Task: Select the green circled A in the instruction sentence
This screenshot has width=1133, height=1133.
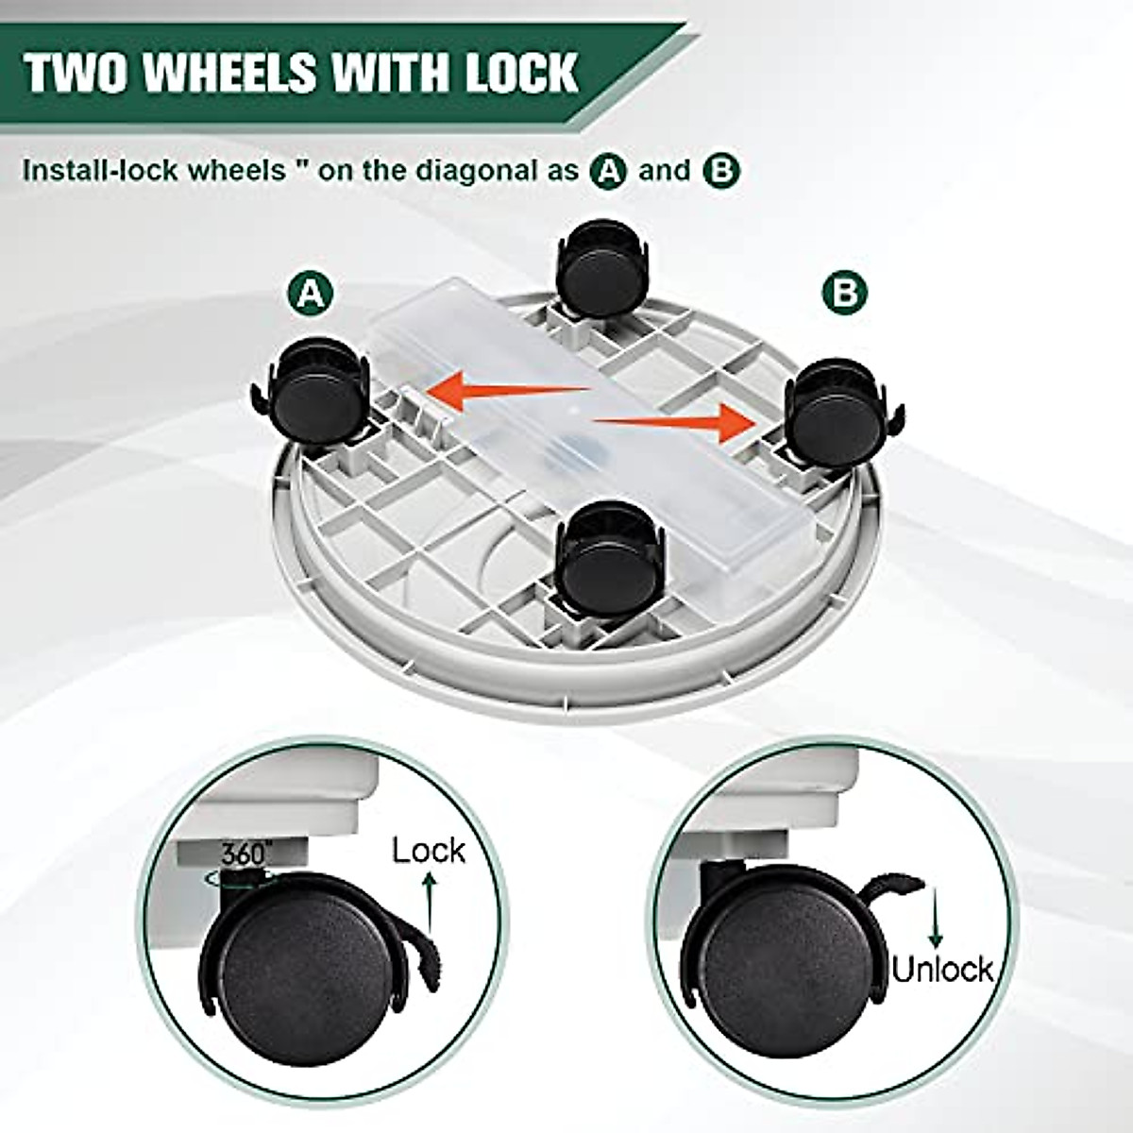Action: tap(608, 171)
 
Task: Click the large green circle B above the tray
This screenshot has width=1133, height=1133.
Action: tap(844, 293)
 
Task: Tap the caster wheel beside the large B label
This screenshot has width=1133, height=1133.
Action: tap(831, 415)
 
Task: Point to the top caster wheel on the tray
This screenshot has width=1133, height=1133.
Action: tap(601, 269)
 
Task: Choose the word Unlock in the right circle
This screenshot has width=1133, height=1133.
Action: tap(942, 969)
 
